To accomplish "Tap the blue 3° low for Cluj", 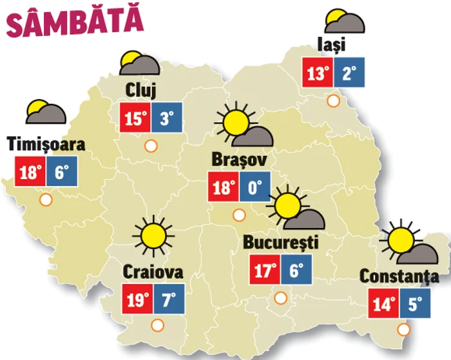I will coord(167,118).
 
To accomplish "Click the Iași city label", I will coord(332,45).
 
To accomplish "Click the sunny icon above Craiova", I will coord(153,235).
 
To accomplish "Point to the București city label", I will coord(281,243).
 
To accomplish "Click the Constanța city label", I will coord(399,277).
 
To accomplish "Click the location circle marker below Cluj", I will coord(152,146).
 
